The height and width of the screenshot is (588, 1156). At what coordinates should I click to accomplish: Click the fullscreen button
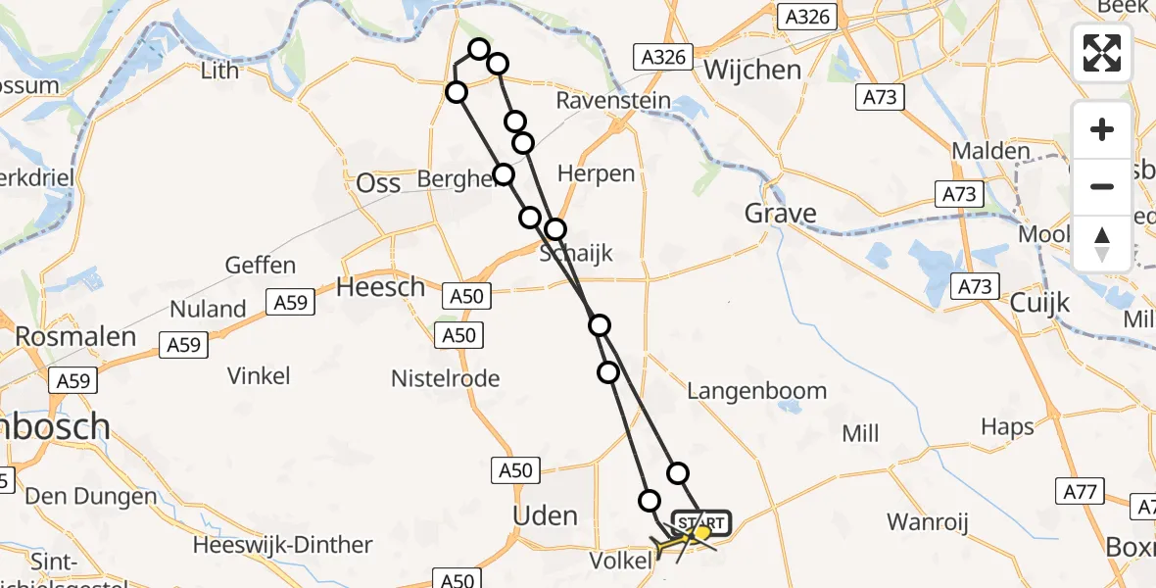tap(1102, 53)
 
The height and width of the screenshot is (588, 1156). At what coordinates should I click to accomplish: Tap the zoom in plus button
tap(1102, 129)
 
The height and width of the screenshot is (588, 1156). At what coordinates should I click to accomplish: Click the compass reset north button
tap(1102, 243)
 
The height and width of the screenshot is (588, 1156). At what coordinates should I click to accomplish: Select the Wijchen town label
tap(752, 71)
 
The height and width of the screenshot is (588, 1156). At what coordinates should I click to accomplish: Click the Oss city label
tap(378, 183)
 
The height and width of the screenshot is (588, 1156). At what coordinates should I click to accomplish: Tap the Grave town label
tap(780, 214)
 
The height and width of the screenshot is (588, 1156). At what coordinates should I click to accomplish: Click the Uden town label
tap(546, 516)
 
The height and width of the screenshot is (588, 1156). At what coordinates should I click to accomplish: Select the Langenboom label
tap(756, 391)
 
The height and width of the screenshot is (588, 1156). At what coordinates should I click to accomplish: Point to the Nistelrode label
tap(445, 378)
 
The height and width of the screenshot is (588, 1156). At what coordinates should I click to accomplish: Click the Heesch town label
tap(380, 287)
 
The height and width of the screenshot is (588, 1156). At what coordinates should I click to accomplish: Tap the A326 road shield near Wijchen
tap(664, 57)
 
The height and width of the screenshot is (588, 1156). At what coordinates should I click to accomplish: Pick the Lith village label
tap(218, 71)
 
